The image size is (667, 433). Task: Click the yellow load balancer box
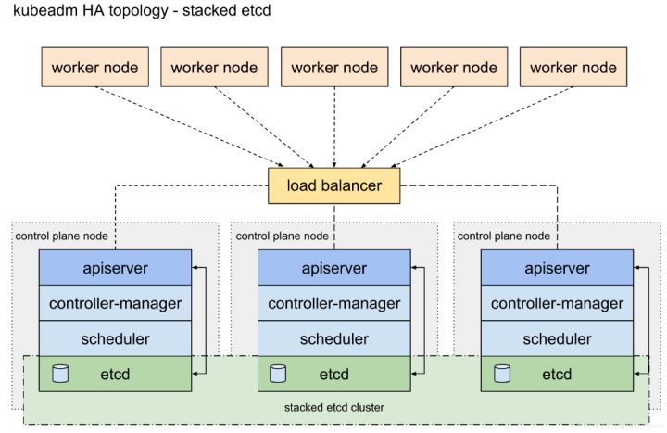pyautogui.click(x=333, y=185)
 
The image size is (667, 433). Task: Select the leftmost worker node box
pyautogui.click(x=94, y=67)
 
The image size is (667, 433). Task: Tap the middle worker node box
pyautogui.click(x=334, y=67)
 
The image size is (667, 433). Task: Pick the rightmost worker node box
pyautogui.click(x=573, y=67)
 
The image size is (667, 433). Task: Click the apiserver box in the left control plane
pyautogui.click(x=115, y=267)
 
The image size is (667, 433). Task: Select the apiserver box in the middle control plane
pyautogui.click(x=334, y=267)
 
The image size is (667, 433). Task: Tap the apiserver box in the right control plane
pyautogui.click(x=558, y=267)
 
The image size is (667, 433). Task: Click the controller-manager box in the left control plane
pyautogui.click(x=115, y=303)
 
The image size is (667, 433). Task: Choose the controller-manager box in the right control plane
pyautogui.click(x=558, y=303)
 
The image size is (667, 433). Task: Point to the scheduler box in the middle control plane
pyautogui.click(x=334, y=338)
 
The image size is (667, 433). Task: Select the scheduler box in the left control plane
pyautogui.click(x=115, y=338)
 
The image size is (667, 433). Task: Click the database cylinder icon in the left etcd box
pyautogui.click(x=60, y=374)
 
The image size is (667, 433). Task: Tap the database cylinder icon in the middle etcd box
pyautogui.click(x=278, y=374)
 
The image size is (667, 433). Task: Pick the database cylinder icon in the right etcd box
pyautogui.click(x=502, y=374)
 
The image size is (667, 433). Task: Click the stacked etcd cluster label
pyautogui.click(x=333, y=407)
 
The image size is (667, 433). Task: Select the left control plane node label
pyautogui.click(x=62, y=236)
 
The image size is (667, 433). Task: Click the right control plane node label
pyautogui.click(x=504, y=236)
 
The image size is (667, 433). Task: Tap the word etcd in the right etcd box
pyautogui.click(x=557, y=375)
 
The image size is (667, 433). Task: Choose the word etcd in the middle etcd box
pyautogui.click(x=333, y=375)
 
